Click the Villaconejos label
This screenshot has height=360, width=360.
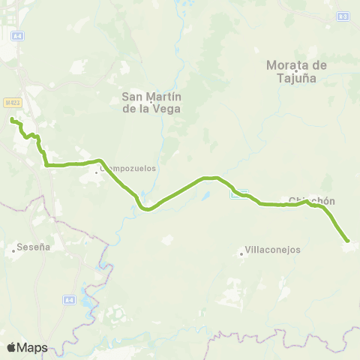[268, 251]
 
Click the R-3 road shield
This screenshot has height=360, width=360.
[343, 15]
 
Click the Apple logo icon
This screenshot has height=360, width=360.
[11, 347]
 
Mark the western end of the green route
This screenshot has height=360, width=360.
[11, 120]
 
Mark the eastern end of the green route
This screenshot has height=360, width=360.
[347, 241]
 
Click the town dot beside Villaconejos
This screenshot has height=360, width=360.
[241, 253]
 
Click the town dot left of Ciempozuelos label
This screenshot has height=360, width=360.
[96, 173]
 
